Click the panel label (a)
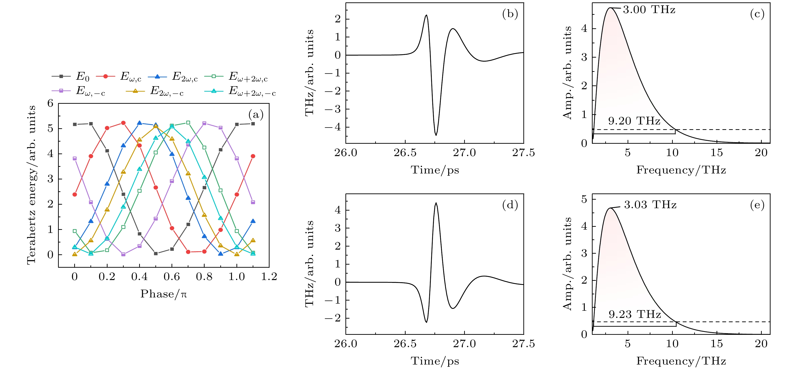(256, 115)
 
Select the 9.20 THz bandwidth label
(634, 121)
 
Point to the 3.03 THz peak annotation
(650, 205)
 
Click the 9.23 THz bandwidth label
(635, 314)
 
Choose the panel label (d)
(510, 205)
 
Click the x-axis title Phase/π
(163, 294)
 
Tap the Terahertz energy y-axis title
(31, 185)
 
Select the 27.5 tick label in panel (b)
(523, 153)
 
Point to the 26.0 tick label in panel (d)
(345, 344)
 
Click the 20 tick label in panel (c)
(761, 153)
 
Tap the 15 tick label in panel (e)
(716, 344)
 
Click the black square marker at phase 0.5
(156, 253)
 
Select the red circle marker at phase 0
(74, 194)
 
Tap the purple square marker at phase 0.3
(123, 254)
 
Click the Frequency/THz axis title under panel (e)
(681, 361)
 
